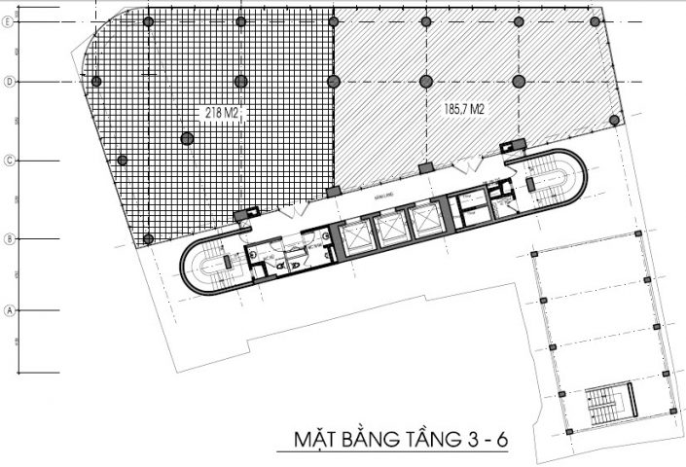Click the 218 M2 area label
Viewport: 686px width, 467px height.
point(222,114)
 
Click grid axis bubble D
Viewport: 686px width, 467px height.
point(9,82)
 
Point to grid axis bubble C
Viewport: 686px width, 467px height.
point(9,160)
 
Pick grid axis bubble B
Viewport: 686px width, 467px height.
point(9,238)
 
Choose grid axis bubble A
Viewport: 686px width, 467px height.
point(9,310)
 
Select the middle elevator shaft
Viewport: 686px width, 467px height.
point(389,230)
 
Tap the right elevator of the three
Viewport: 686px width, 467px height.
point(426,221)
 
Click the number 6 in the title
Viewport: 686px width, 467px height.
point(501,441)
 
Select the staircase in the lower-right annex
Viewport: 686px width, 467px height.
point(609,401)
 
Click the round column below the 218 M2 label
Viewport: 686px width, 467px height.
point(187,138)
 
